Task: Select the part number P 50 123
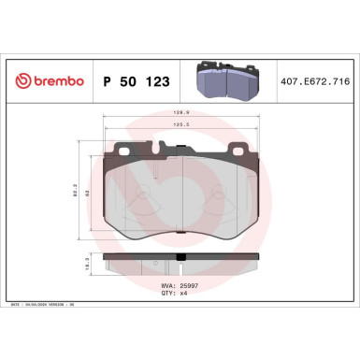132,81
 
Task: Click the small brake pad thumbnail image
228,80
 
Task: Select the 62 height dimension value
92,193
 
